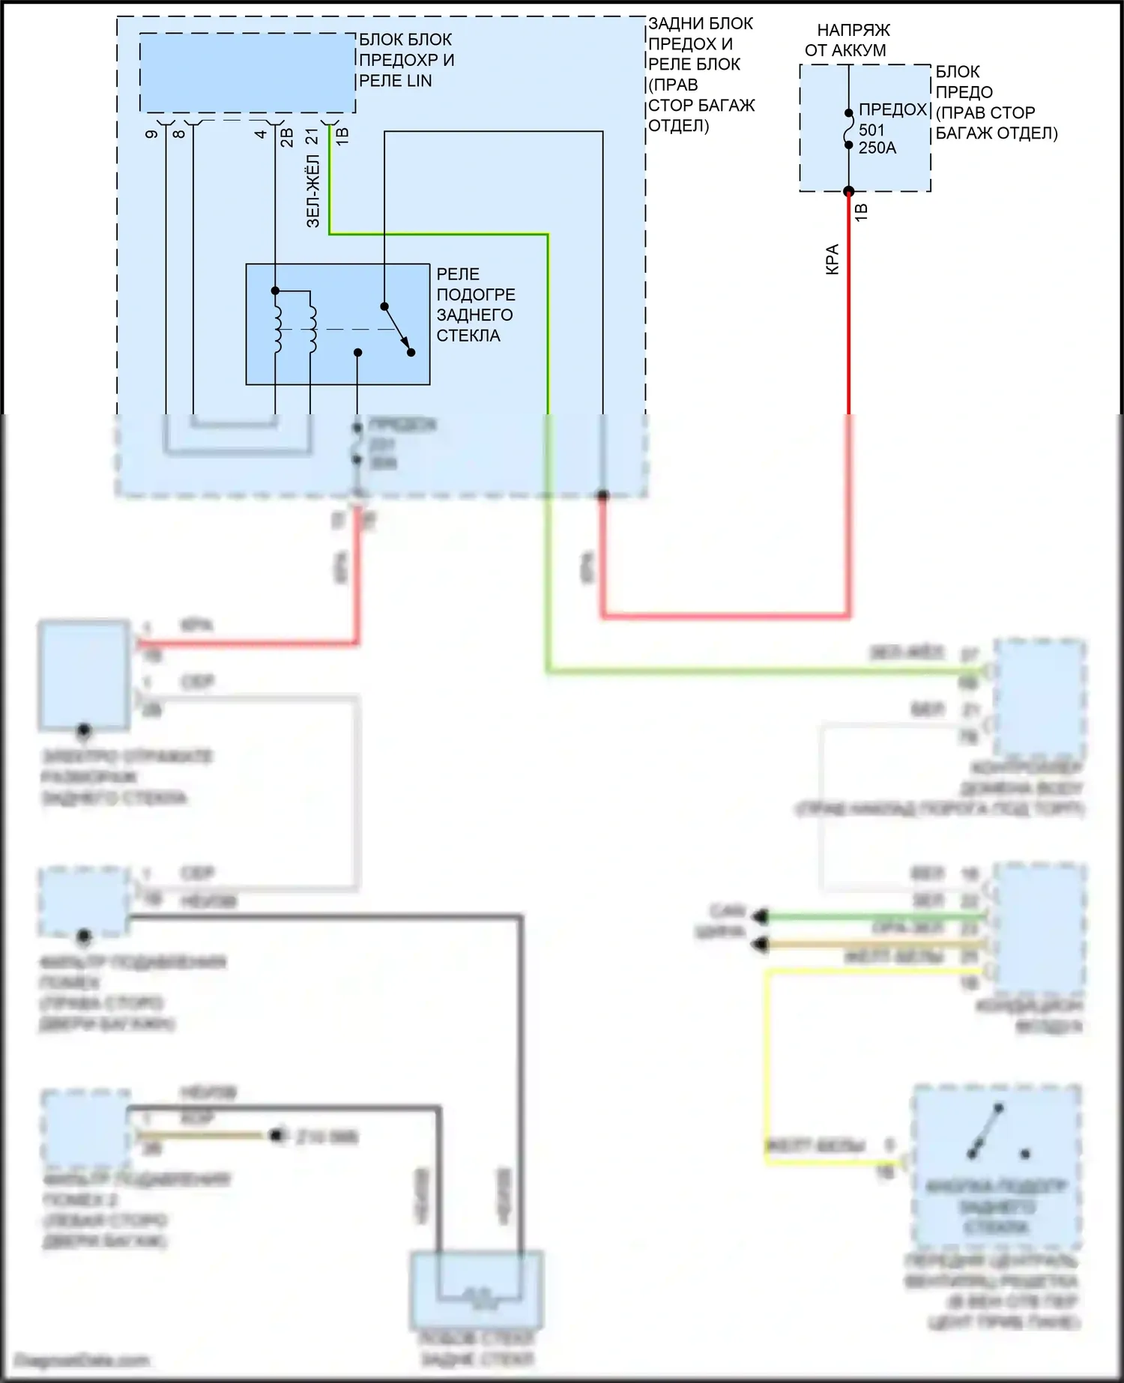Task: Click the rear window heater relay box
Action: (337, 324)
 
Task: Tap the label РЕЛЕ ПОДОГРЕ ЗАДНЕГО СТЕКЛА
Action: (475, 305)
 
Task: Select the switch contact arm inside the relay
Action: (397, 330)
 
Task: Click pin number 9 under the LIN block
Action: (151, 134)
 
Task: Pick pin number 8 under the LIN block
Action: (178, 134)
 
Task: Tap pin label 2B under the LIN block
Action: (287, 137)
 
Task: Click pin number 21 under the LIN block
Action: (312, 136)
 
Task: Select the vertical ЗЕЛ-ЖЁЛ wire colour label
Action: (313, 191)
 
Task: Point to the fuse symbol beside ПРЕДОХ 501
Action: (849, 130)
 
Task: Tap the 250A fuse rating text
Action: (877, 148)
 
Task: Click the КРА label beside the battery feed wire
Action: (833, 259)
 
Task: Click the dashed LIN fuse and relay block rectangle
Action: (247, 73)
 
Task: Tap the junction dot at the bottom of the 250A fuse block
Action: (849, 191)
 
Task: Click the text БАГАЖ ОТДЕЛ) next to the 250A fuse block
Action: (997, 133)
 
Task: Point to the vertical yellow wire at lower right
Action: (767, 1064)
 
